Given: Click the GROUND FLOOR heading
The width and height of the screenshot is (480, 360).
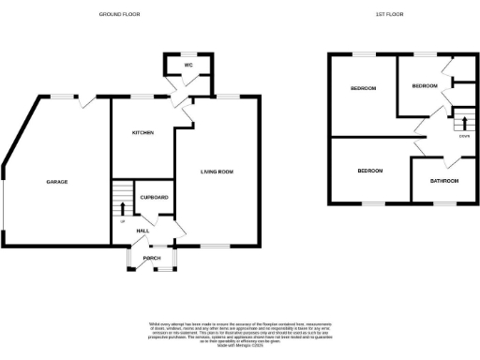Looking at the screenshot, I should [x=121, y=14].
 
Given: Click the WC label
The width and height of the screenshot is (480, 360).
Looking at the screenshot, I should [x=188, y=66].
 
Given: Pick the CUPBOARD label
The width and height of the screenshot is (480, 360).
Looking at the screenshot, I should [x=154, y=197].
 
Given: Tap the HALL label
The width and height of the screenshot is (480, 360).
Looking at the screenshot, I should [x=142, y=230].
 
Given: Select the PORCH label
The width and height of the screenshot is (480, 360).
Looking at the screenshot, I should [x=152, y=258].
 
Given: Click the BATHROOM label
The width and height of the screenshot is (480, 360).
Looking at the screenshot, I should [x=443, y=180].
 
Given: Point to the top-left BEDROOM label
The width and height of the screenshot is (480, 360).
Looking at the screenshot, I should [x=364, y=88].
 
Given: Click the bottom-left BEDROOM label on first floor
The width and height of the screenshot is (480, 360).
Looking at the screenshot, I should [x=369, y=171].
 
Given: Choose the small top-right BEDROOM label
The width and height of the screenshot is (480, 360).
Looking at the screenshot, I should [x=424, y=85].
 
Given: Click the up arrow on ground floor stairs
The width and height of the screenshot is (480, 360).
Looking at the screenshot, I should [x=122, y=207].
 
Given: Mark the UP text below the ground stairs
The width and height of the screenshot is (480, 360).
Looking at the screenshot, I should [x=122, y=221].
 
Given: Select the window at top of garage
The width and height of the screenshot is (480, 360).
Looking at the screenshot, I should [x=63, y=97].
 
